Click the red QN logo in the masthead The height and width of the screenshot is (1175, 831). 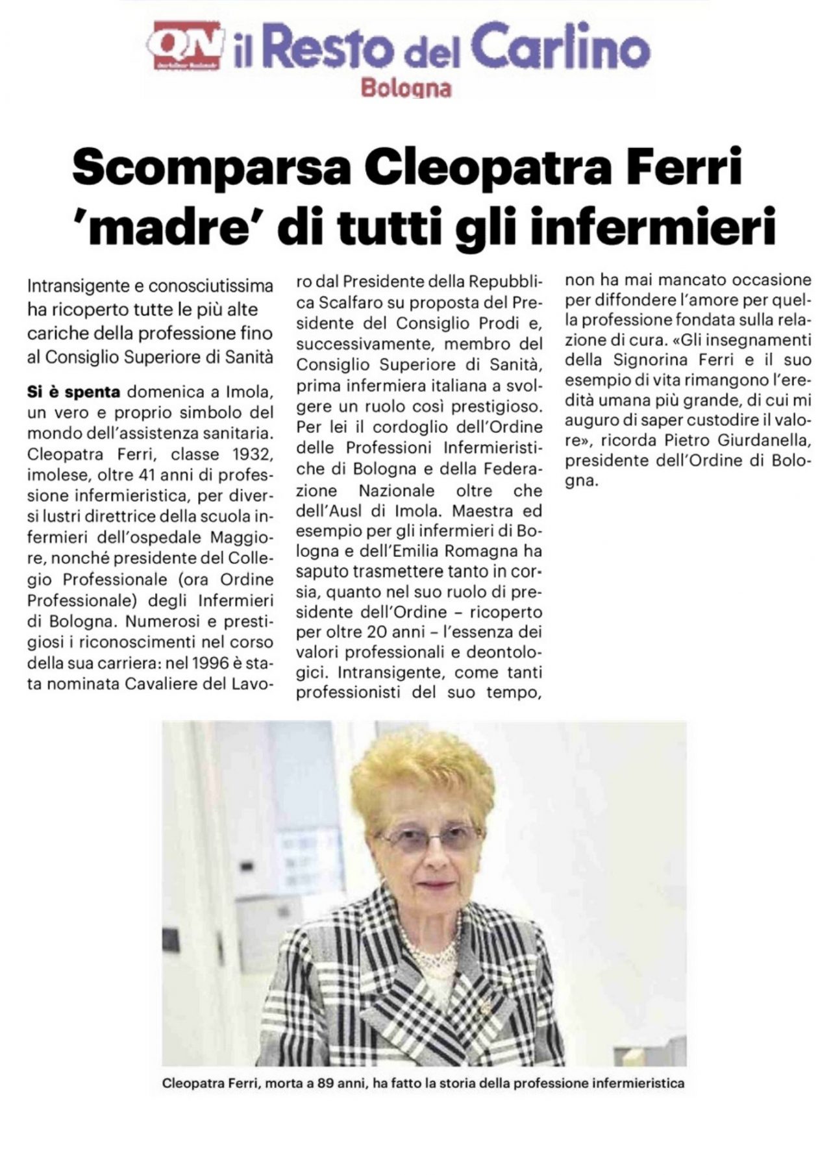pyautogui.click(x=185, y=44)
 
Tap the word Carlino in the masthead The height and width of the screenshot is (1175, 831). pyautogui.click(x=560, y=47)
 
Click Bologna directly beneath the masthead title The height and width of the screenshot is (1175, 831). pyautogui.click(x=406, y=87)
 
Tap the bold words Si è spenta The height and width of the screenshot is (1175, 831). pyautogui.click(x=73, y=391)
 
